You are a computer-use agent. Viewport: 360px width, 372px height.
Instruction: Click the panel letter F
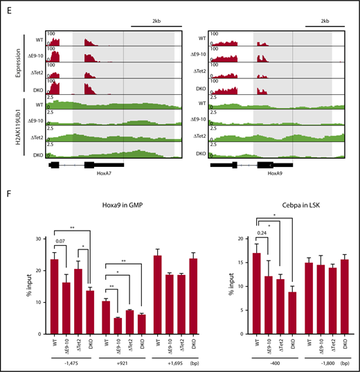pos(8,187)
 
